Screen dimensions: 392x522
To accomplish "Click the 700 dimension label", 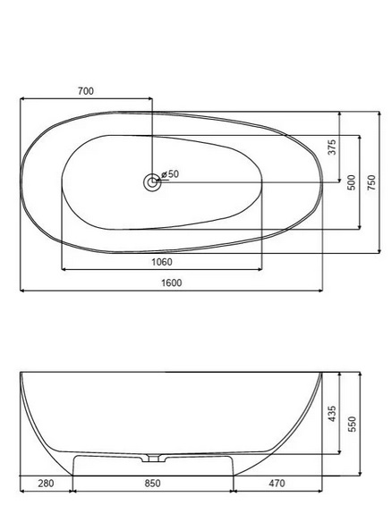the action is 86,91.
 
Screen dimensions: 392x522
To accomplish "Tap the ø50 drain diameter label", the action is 170,174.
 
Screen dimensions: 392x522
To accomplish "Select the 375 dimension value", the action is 332,147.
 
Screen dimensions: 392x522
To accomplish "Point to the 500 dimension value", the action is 352,182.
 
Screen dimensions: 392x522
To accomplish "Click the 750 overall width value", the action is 371,182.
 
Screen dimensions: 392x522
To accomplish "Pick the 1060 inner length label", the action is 162,262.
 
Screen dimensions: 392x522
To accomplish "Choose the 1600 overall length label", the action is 172,282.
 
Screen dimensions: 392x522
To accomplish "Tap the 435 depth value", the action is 332,414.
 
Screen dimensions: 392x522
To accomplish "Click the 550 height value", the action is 352,424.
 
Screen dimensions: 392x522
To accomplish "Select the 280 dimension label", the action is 46,483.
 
